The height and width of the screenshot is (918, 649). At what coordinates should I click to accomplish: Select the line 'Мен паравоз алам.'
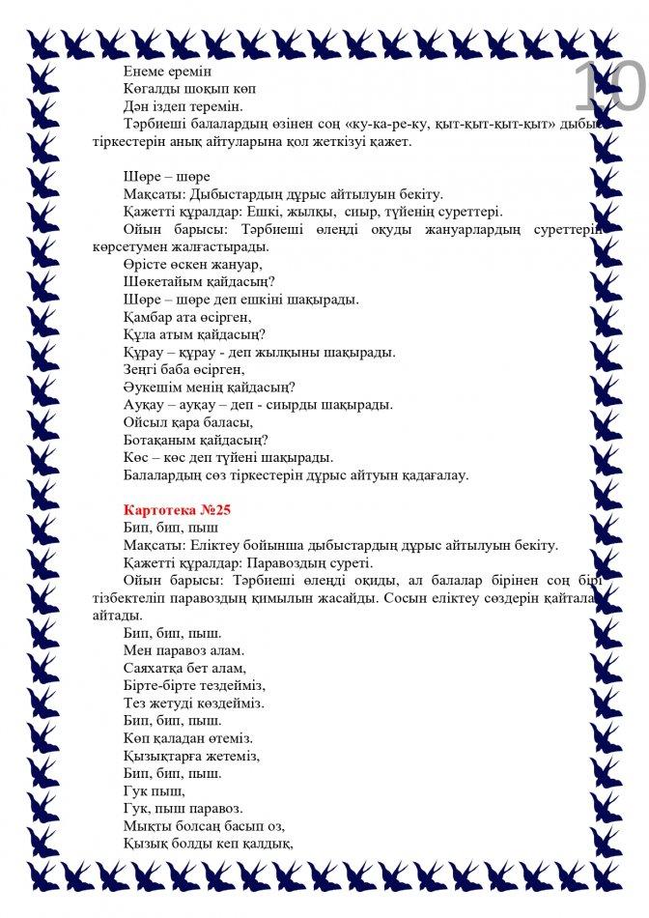click(183, 650)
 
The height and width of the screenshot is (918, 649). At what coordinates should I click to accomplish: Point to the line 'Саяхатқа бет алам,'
click(185, 668)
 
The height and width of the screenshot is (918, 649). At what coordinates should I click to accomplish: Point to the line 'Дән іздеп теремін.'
click(183, 106)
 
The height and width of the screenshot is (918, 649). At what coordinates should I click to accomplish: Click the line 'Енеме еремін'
click(167, 71)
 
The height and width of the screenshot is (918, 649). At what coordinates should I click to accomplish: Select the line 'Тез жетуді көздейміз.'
click(193, 703)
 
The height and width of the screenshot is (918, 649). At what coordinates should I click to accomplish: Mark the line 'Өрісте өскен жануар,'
click(193, 264)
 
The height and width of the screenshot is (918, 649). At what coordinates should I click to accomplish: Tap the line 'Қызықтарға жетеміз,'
click(192, 756)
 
